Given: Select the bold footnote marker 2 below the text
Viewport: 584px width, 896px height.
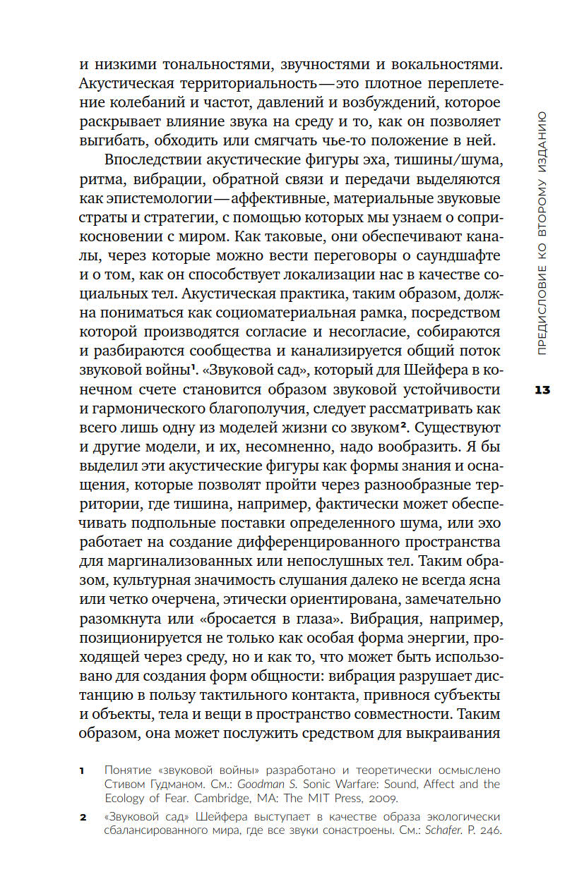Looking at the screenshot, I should [82, 818].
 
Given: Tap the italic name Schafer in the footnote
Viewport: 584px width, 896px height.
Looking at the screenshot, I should [444, 831].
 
